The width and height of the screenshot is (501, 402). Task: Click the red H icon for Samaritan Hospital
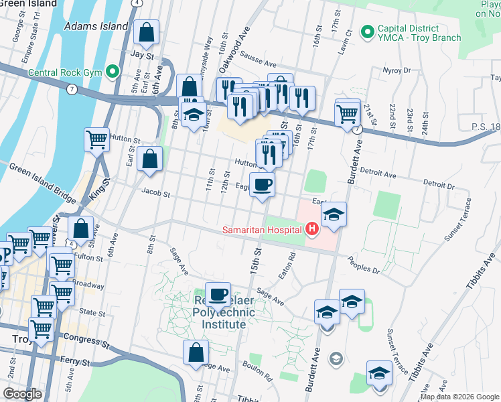(x=311, y=230)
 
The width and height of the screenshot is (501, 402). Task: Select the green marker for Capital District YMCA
(x=367, y=31)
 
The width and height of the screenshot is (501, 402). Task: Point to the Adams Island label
(x=96, y=26)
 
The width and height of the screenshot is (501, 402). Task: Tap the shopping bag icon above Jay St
(x=146, y=31)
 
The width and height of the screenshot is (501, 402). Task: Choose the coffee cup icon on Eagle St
(x=262, y=184)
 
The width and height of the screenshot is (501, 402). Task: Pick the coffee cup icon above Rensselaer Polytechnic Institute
(x=218, y=294)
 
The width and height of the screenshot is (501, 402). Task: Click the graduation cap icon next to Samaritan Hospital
(x=334, y=214)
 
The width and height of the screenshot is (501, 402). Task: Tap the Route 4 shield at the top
(x=136, y=3)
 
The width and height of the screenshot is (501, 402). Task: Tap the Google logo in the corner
(x=22, y=393)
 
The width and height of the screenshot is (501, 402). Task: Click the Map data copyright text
(x=459, y=397)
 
